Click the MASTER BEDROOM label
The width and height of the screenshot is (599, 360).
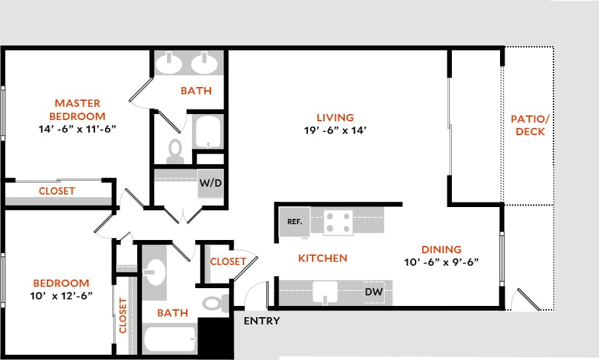pyautogui.click(x=78, y=109)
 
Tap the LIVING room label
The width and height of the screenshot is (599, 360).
pyautogui.click(x=334, y=118)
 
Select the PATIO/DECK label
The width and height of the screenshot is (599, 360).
pyautogui.click(x=530, y=125)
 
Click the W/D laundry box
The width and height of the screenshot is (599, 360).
pyautogui.click(x=210, y=184)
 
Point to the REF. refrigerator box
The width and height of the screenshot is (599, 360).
pyautogui.click(x=294, y=222)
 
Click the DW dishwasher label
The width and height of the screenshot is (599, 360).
pyautogui.click(x=373, y=291)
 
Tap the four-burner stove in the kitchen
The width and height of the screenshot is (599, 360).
pyautogui.click(x=338, y=222)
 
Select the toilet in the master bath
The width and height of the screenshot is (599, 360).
pyautogui.click(x=175, y=150)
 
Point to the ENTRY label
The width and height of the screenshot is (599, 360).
pyautogui.click(x=262, y=321)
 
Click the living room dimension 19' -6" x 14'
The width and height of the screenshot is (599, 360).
pyautogui.click(x=334, y=131)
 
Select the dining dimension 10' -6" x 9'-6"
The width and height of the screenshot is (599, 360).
pyautogui.click(x=441, y=262)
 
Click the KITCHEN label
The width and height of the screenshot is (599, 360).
pyautogui.click(x=323, y=258)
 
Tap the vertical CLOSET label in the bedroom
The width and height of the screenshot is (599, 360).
pyautogui.click(x=123, y=315)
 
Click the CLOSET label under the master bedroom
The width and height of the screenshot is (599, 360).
pyautogui.click(x=57, y=191)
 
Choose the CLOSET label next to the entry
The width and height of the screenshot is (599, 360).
pyautogui.click(x=228, y=262)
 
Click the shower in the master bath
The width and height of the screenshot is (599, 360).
pyautogui.click(x=209, y=132)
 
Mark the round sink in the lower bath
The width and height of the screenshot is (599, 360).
pyautogui.click(x=155, y=271)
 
